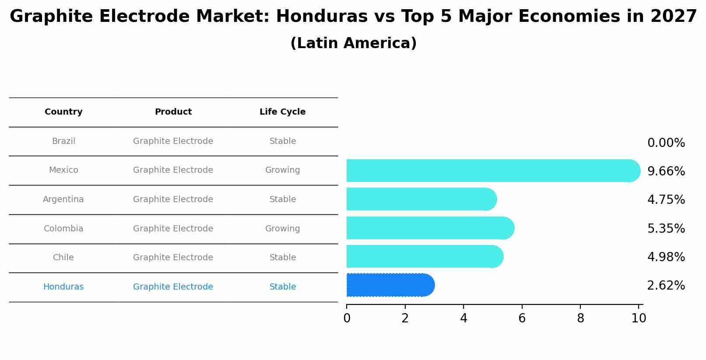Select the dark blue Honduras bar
(x=390, y=285)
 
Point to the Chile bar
(x=425, y=256)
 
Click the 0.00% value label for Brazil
(x=666, y=143)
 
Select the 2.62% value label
(x=666, y=286)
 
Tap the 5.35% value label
(x=666, y=228)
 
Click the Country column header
(x=63, y=112)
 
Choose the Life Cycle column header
(x=282, y=112)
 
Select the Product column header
(x=173, y=112)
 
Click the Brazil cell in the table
(x=63, y=141)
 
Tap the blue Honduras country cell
(x=63, y=287)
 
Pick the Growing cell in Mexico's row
(x=282, y=170)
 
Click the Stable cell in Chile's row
(x=282, y=258)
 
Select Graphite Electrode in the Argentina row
(x=173, y=199)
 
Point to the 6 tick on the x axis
(x=522, y=318)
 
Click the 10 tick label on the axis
(x=639, y=318)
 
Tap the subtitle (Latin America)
(x=353, y=43)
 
